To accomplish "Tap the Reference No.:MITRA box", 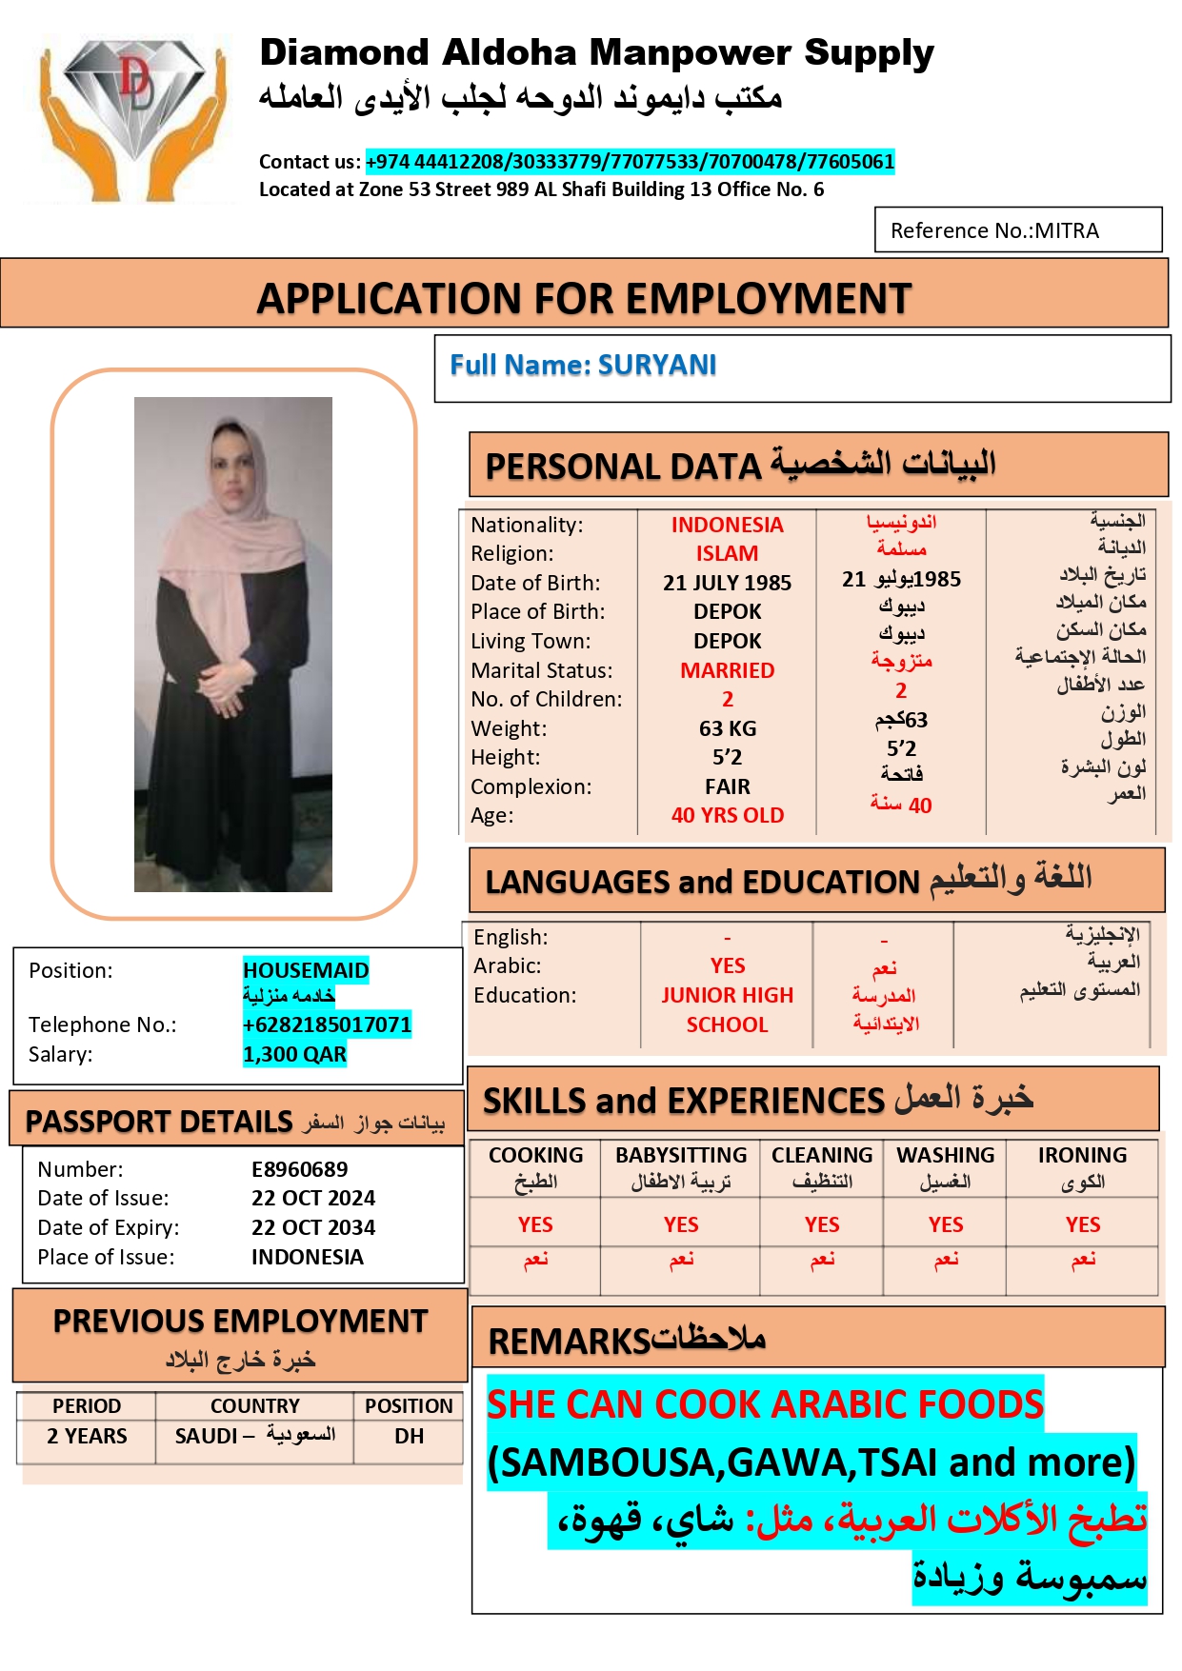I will click(x=1017, y=230).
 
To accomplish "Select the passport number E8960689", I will click(x=299, y=1169).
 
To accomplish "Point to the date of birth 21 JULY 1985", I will click(x=727, y=583).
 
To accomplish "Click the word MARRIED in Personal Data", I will click(x=727, y=670).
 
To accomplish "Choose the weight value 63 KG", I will click(x=727, y=728).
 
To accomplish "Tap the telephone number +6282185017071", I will click(x=327, y=1024).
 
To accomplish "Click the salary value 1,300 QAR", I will click(x=294, y=1054).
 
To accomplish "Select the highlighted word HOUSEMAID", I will click(x=306, y=970).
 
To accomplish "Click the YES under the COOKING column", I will click(x=535, y=1224).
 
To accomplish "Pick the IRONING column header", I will click(x=1082, y=1155).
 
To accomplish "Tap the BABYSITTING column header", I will click(x=681, y=1155).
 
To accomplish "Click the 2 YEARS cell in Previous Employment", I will click(x=87, y=1436).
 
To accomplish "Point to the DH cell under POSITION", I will click(x=409, y=1436).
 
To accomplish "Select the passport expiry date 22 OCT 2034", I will click(x=313, y=1227).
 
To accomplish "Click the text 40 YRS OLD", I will click(x=727, y=815).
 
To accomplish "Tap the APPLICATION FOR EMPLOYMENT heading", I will click(x=584, y=298).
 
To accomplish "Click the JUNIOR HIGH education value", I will click(x=727, y=995).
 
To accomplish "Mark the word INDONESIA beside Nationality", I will click(x=727, y=525).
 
